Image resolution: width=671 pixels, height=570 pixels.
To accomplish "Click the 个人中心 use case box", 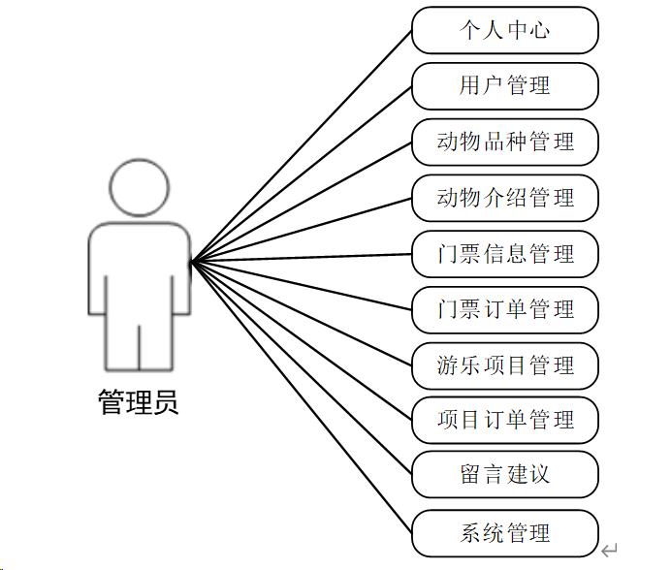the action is pyautogui.click(x=504, y=30).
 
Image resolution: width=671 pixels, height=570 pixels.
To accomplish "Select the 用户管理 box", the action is pyautogui.click(x=504, y=85).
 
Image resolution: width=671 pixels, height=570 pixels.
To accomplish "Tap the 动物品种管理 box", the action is pyautogui.click(x=504, y=142).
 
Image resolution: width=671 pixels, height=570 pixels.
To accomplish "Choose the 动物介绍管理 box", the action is pyautogui.click(x=504, y=198).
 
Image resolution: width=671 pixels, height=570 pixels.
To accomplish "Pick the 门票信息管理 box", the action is pyautogui.click(x=504, y=254).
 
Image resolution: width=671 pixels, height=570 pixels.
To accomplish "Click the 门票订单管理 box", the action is pyautogui.click(x=504, y=309).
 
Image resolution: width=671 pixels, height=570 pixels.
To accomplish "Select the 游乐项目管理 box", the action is pyautogui.click(x=504, y=365).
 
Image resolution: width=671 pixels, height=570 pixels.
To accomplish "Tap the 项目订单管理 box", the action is pyautogui.click(x=504, y=420).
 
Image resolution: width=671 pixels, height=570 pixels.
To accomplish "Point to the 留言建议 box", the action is pyautogui.click(x=504, y=474).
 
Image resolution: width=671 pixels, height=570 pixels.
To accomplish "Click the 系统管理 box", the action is pyautogui.click(x=504, y=532).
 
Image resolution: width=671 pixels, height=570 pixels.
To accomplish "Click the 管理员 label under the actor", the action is pyautogui.click(x=139, y=401).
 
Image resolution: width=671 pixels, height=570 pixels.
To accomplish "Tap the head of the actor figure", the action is pyautogui.click(x=139, y=186).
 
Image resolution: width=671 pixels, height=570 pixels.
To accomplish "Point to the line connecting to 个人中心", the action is pyautogui.click(x=301, y=145).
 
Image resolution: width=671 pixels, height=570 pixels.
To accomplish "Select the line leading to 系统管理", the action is pyautogui.click(x=301, y=396).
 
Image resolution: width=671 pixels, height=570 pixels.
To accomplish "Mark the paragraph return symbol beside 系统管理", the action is pyautogui.click(x=609, y=551).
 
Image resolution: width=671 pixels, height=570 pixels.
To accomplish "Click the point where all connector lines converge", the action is pyautogui.click(x=191, y=261).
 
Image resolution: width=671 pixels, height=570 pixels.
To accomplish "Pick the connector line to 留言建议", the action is pyautogui.click(x=301, y=367).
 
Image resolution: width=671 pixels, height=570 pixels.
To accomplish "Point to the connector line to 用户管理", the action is pyautogui.click(x=301, y=174).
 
